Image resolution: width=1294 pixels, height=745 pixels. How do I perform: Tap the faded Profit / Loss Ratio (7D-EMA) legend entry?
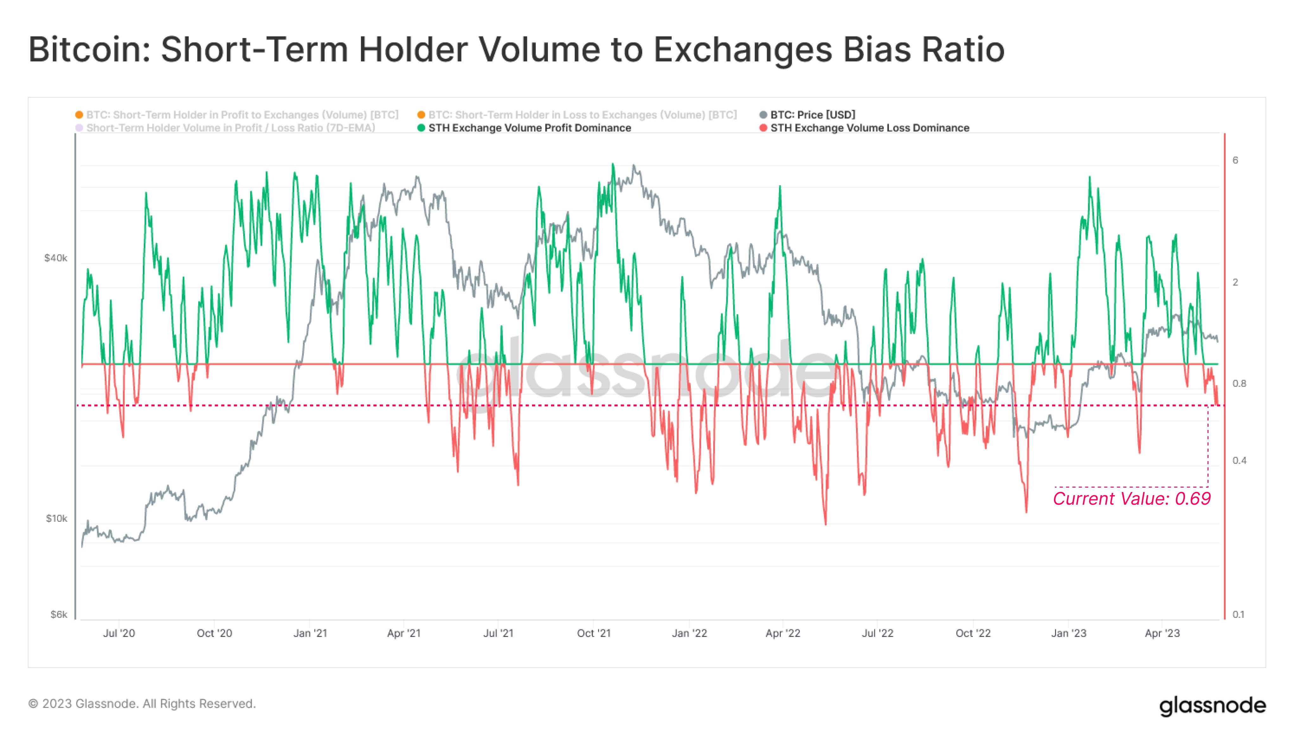(230, 128)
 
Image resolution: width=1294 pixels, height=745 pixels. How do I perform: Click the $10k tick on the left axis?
(56, 518)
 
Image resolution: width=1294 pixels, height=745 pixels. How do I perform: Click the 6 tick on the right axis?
(1235, 160)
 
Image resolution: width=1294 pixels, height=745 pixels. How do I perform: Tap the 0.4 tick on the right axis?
(1239, 460)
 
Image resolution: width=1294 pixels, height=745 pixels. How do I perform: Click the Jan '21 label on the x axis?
(309, 633)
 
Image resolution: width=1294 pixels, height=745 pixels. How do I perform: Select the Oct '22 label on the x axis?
(973, 633)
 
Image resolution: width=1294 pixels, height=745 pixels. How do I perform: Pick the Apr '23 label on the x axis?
(1162, 633)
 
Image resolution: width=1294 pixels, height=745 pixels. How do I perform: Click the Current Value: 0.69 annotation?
(1131, 498)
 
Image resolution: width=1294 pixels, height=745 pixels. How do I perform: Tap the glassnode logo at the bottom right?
(1212, 706)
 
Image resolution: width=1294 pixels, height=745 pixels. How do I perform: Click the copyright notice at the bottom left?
(142, 704)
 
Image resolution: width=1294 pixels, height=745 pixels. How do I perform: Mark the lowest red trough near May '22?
(825, 523)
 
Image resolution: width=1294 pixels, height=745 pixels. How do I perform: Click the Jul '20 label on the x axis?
(119, 633)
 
